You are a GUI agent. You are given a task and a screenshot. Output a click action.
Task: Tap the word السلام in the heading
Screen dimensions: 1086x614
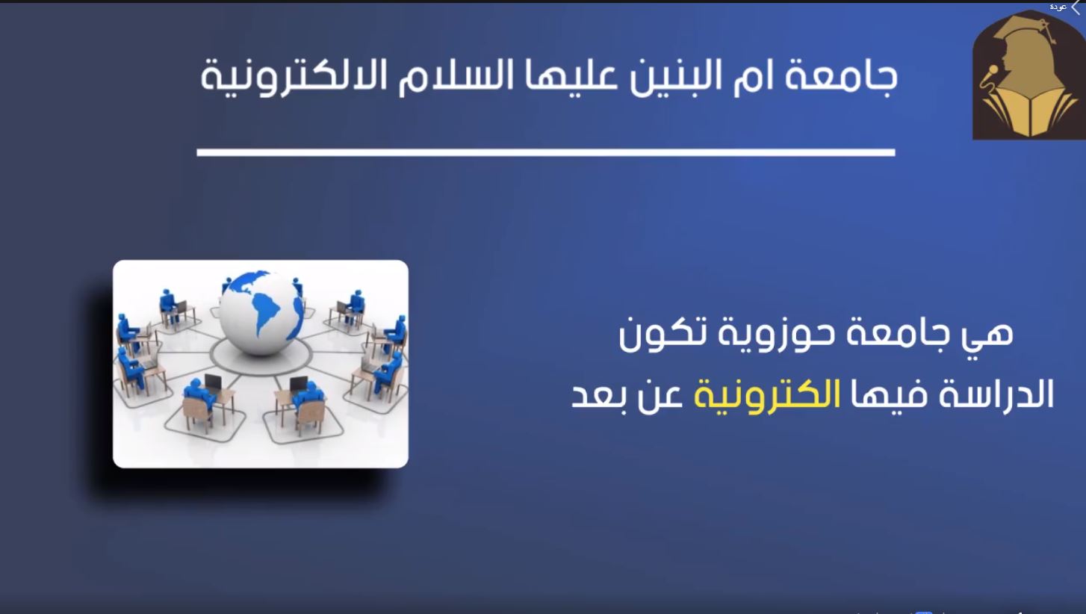[x=464, y=77]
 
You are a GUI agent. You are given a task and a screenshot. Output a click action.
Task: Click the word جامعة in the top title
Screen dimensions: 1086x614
[x=841, y=78]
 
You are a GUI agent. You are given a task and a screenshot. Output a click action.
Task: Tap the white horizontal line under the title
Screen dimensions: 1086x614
[x=546, y=152]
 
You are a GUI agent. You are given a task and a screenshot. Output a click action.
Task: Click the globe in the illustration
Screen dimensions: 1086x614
[x=261, y=311]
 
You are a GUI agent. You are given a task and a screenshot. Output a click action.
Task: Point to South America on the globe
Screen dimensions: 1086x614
[x=267, y=313]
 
